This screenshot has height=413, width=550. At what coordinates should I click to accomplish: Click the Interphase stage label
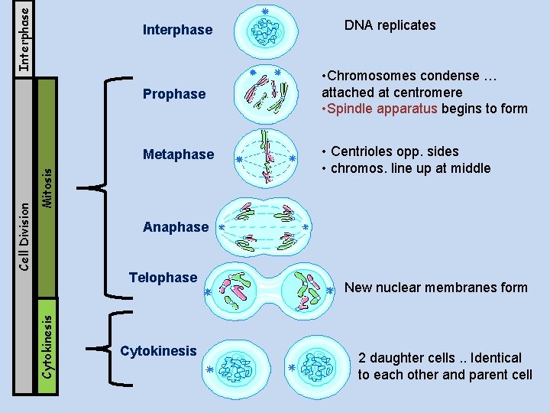point(177,30)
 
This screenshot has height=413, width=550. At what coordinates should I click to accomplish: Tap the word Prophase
point(174,94)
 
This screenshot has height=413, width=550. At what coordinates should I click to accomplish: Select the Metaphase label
point(178,154)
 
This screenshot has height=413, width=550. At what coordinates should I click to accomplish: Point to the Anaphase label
point(175,227)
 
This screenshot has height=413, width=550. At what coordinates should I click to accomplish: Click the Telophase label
point(163,278)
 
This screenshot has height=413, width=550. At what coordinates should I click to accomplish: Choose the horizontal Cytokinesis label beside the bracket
point(158,351)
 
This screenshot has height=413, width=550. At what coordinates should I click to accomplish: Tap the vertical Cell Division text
point(24,235)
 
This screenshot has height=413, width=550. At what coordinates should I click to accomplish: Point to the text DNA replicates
point(390,25)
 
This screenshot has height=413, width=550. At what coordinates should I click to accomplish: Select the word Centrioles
point(362,151)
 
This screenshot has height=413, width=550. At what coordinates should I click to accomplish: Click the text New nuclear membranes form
point(435,288)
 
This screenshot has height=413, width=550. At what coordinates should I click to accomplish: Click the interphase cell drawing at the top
point(267,30)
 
